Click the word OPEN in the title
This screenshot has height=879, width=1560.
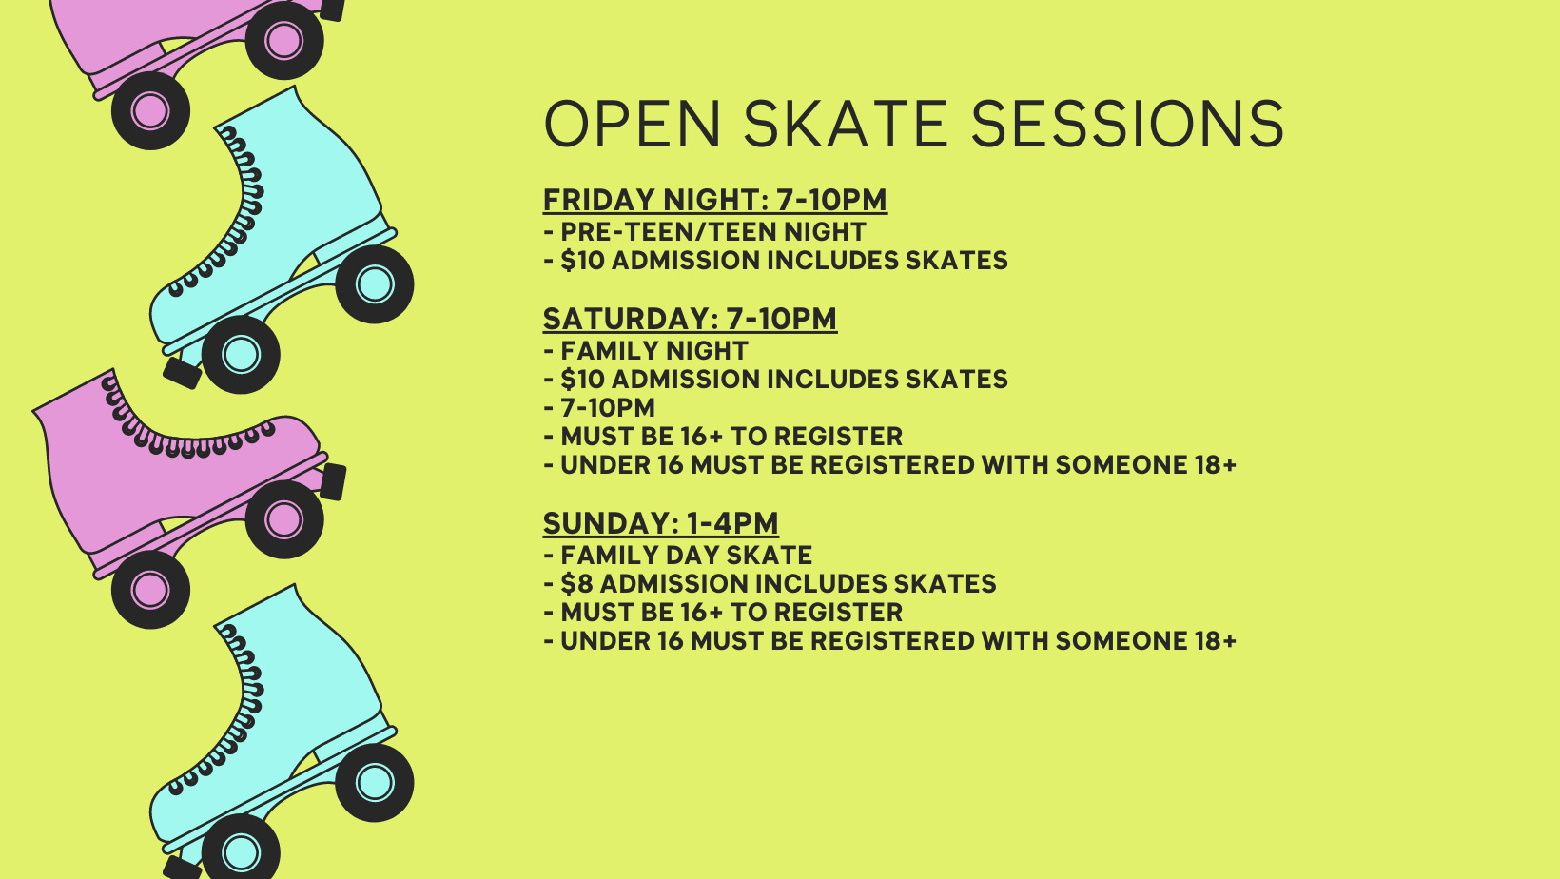632,124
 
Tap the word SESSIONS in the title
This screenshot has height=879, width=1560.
1127,124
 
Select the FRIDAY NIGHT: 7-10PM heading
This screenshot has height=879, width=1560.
715,200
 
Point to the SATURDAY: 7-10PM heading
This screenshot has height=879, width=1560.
691,319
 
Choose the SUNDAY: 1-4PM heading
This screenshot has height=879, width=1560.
661,523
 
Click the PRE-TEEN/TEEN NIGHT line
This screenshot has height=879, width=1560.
705,231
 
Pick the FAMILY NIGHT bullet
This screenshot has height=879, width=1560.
646,350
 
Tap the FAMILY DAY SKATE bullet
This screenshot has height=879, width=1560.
677,556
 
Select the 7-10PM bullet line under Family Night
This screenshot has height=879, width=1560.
599,407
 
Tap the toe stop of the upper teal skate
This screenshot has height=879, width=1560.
182,373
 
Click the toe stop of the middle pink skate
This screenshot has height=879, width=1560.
334,482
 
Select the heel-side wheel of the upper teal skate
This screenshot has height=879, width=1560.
375,284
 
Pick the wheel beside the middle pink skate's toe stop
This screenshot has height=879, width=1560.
284,519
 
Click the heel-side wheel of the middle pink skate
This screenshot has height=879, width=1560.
150,590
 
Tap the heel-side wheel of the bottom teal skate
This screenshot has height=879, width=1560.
375,782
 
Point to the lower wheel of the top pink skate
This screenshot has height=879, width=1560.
150,110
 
